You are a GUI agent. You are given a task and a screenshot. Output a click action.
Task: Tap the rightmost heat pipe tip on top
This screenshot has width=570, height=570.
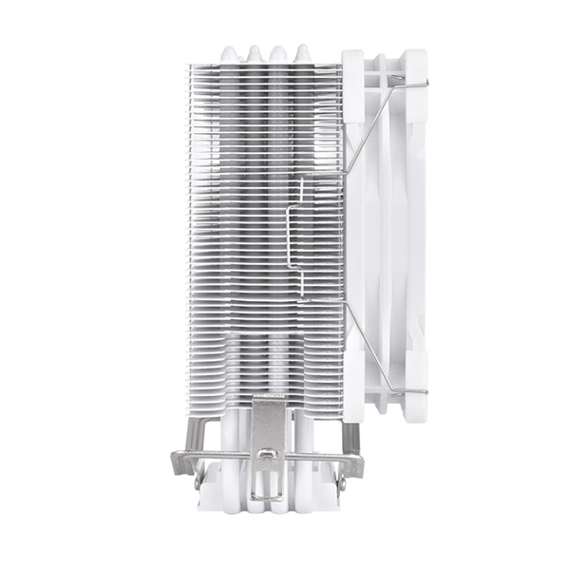click(x=302, y=53)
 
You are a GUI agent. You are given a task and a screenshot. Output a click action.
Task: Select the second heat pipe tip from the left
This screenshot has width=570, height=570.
click(x=255, y=53)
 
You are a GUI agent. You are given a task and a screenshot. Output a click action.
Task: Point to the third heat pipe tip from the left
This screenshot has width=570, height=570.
click(x=278, y=53)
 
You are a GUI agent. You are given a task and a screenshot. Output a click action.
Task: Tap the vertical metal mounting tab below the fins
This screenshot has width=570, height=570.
click(x=268, y=427)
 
